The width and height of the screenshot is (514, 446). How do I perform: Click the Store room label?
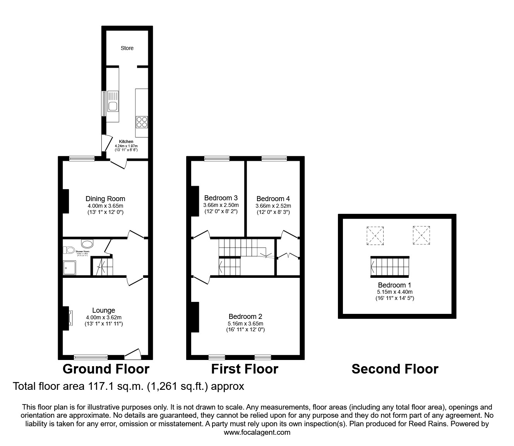[x=127, y=48]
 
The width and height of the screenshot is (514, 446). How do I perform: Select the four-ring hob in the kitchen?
[x=141, y=122]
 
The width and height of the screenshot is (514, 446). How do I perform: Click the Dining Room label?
[x=105, y=199]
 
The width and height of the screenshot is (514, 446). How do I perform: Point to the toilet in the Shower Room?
[x=70, y=250]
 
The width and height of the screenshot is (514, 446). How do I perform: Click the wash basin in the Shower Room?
[x=87, y=244]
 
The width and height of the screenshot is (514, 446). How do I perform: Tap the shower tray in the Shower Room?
[x=70, y=267]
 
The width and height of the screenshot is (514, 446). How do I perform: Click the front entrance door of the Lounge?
[x=133, y=353]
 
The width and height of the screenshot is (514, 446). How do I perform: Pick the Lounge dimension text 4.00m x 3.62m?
[x=104, y=317]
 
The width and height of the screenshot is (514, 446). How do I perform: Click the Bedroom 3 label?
[x=221, y=198]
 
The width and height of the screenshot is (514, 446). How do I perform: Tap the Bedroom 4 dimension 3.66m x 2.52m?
[x=273, y=206]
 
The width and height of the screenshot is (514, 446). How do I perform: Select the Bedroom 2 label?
[x=245, y=317]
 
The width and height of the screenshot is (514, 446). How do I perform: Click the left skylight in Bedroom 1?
[x=375, y=236]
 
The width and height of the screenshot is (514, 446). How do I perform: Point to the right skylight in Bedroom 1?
[x=421, y=236]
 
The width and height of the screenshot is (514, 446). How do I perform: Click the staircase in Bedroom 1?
[x=390, y=267]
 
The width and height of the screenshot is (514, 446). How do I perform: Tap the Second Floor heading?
[x=395, y=369]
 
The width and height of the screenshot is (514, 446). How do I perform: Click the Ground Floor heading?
[x=106, y=369]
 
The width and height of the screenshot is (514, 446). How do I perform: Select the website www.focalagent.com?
[x=257, y=432]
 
